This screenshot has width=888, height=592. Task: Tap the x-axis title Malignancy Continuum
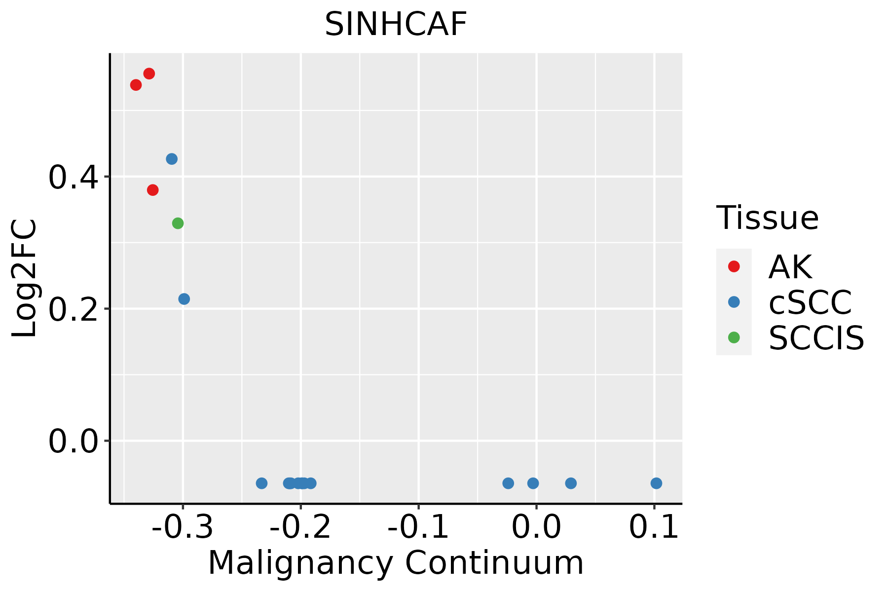(396, 563)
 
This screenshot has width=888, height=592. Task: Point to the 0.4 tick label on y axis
(74, 178)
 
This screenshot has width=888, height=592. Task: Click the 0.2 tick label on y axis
(74, 310)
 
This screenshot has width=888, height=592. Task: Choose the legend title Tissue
(767, 218)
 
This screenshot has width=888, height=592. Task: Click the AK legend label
(790, 267)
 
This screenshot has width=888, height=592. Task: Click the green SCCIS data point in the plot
(178, 223)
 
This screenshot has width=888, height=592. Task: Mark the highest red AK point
(149, 74)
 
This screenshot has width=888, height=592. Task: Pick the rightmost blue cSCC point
(656, 483)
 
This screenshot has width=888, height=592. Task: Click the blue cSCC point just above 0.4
(172, 159)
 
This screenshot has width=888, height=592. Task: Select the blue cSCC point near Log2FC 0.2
(184, 299)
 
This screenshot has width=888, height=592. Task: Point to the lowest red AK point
(153, 190)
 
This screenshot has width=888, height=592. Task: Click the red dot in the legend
(734, 266)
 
